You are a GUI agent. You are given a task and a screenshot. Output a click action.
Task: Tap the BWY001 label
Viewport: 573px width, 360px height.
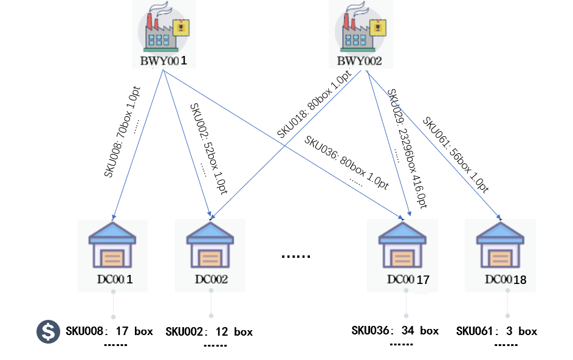pos(163,61)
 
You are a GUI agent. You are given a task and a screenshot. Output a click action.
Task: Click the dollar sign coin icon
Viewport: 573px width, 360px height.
pos(47,331)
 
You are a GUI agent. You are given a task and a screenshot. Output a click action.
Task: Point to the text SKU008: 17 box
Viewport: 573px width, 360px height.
pos(109,331)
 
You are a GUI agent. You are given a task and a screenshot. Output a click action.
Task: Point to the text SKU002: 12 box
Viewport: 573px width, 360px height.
pos(209,332)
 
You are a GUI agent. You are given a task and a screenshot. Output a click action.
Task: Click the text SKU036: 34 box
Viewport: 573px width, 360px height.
pos(395,331)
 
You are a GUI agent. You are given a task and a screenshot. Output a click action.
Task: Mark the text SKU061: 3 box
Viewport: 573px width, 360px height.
pos(496,331)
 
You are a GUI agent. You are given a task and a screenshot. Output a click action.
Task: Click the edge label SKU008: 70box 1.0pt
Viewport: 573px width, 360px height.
pos(122,131)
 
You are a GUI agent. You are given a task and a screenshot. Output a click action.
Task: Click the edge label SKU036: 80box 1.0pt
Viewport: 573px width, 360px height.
pos(347,162)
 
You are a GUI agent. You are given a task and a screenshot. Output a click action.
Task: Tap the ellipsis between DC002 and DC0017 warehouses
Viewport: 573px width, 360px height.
pos(296,256)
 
